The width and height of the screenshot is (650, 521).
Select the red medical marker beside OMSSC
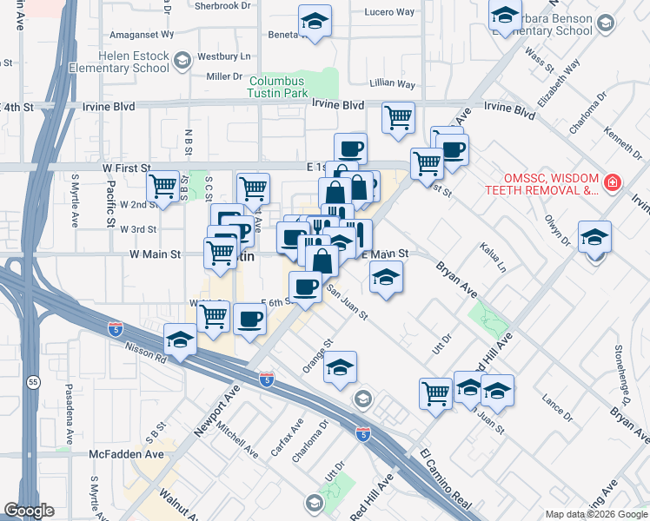pyautogui.click(x=613, y=182)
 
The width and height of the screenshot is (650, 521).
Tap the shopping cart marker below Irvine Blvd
pyautogui.click(x=398, y=117)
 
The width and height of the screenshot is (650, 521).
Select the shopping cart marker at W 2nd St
pyautogui.click(x=163, y=186)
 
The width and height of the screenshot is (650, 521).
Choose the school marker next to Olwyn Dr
pyautogui.click(x=594, y=236)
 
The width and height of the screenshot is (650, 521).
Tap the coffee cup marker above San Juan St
pyautogui.click(x=305, y=287)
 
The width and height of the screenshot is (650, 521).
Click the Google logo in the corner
pyautogui.click(x=30, y=511)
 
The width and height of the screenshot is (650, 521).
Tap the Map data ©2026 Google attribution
pyautogui.click(x=596, y=514)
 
